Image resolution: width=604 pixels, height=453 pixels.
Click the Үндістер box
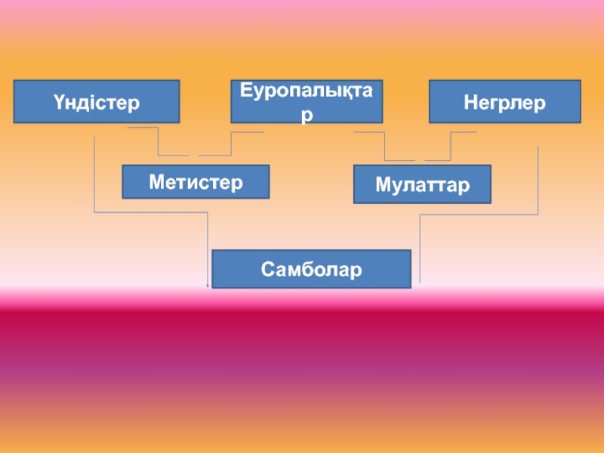click(97, 102)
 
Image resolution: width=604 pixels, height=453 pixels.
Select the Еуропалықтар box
click(307, 102)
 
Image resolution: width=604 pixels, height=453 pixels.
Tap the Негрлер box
click(505, 102)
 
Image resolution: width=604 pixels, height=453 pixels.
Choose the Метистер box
click(196, 182)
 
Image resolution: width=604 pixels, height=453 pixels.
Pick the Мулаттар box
click(422, 184)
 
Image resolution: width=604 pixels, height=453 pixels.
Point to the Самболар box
click(312, 269)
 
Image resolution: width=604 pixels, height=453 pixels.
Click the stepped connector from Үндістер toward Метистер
click(159, 142)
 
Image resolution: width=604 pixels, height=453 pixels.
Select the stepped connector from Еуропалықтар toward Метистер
click(231, 144)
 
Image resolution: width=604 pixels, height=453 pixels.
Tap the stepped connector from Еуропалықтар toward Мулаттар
click(384, 146)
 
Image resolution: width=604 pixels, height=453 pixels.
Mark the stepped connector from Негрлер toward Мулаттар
click(451, 146)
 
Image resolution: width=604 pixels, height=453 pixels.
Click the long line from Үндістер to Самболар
click(151, 212)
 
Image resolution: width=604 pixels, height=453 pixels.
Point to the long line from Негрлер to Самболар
click(479, 214)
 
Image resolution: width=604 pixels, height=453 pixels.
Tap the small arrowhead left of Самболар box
click(208, 285)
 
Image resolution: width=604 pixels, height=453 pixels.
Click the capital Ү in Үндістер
click(59, 102)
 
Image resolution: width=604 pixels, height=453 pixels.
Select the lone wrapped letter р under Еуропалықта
click(307, 116)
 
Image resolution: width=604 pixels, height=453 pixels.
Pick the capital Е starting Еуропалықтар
click(245, 90)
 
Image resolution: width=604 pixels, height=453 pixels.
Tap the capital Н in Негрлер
click(470, 102)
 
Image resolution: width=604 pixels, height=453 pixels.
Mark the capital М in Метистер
click(156, 182)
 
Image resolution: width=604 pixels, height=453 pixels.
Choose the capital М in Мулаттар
click(383, 184)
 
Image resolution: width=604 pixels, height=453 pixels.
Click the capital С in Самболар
click(267, 269)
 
